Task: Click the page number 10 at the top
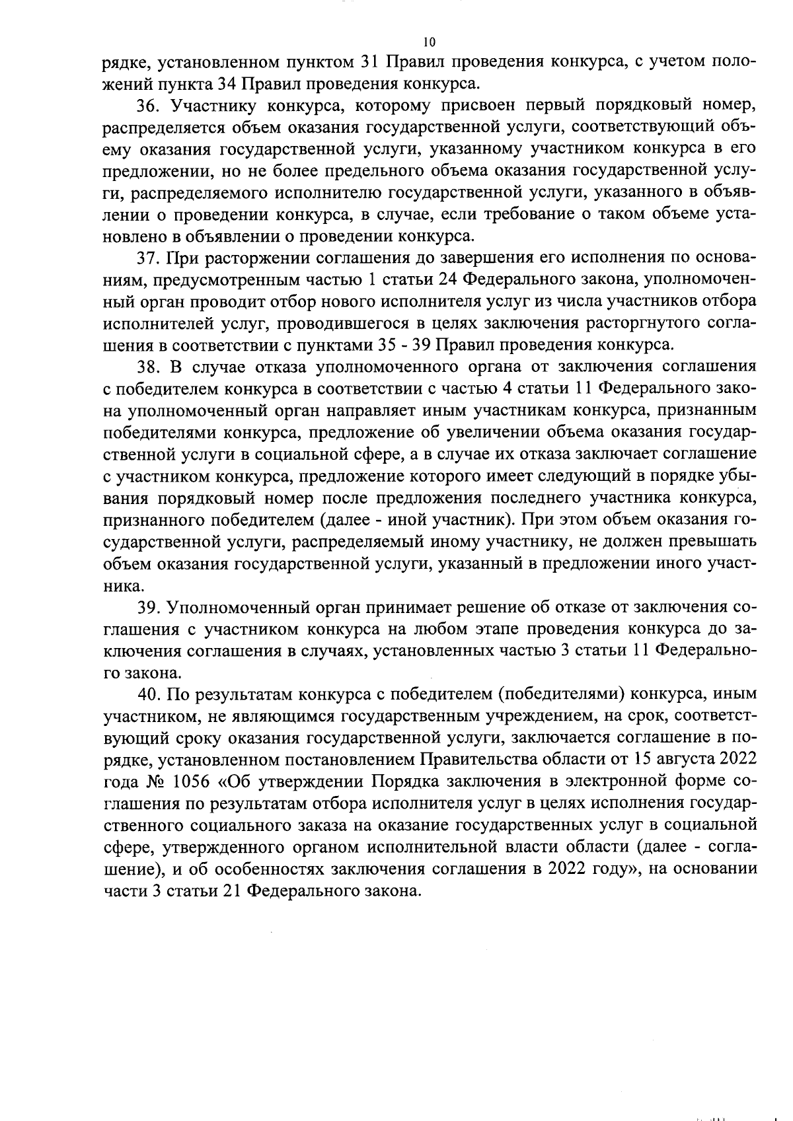point(429,42)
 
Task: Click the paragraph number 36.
point(145,106)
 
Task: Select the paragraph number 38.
point(146,367)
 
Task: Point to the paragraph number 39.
point(146,606)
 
